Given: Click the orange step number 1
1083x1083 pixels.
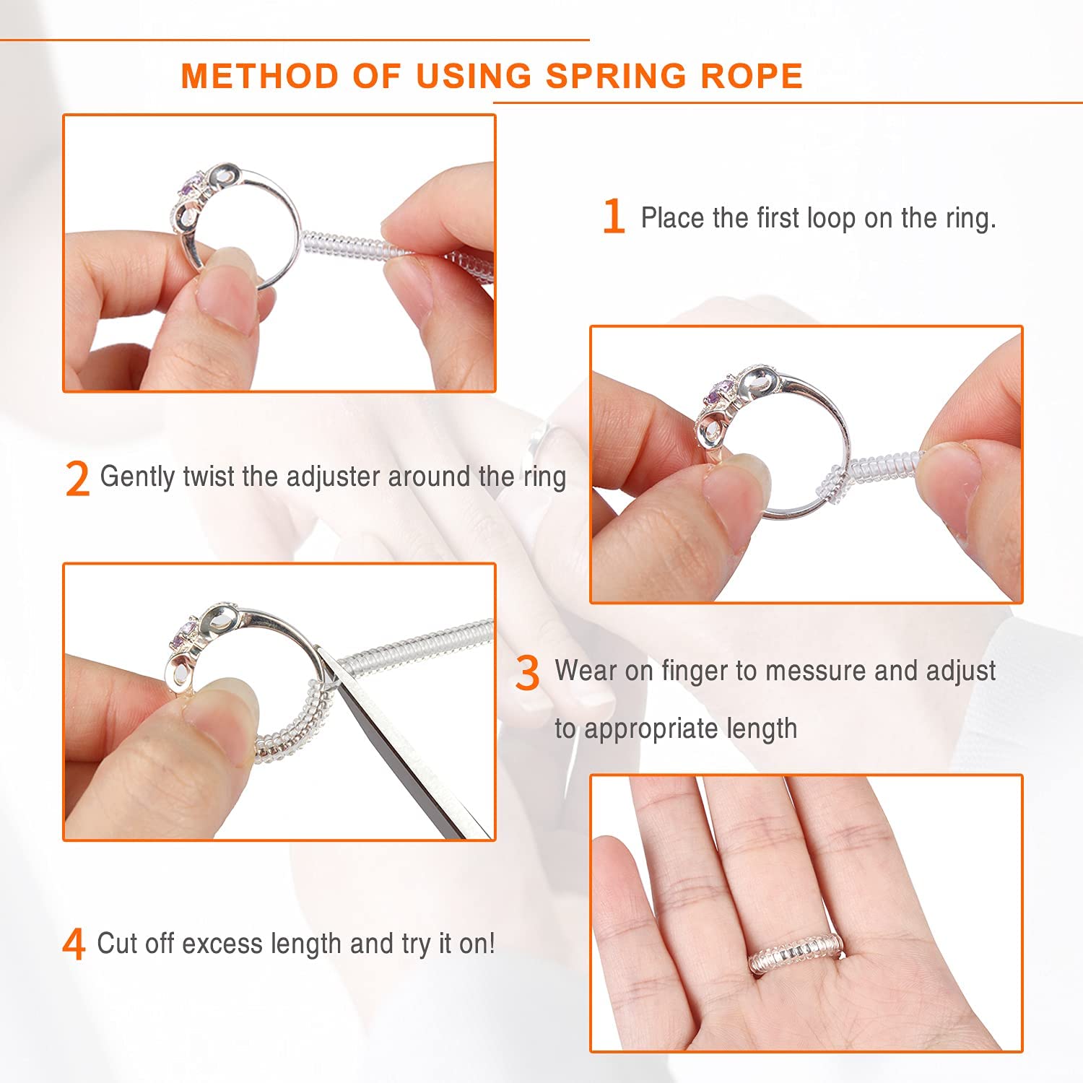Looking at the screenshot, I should coord(613,217).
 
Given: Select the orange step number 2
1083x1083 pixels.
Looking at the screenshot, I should coord(77,479).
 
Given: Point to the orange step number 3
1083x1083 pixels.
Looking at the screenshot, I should coord(527,673).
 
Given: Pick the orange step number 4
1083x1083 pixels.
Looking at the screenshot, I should coord(74,944).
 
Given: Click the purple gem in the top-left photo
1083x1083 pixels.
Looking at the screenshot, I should coord(190,190).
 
